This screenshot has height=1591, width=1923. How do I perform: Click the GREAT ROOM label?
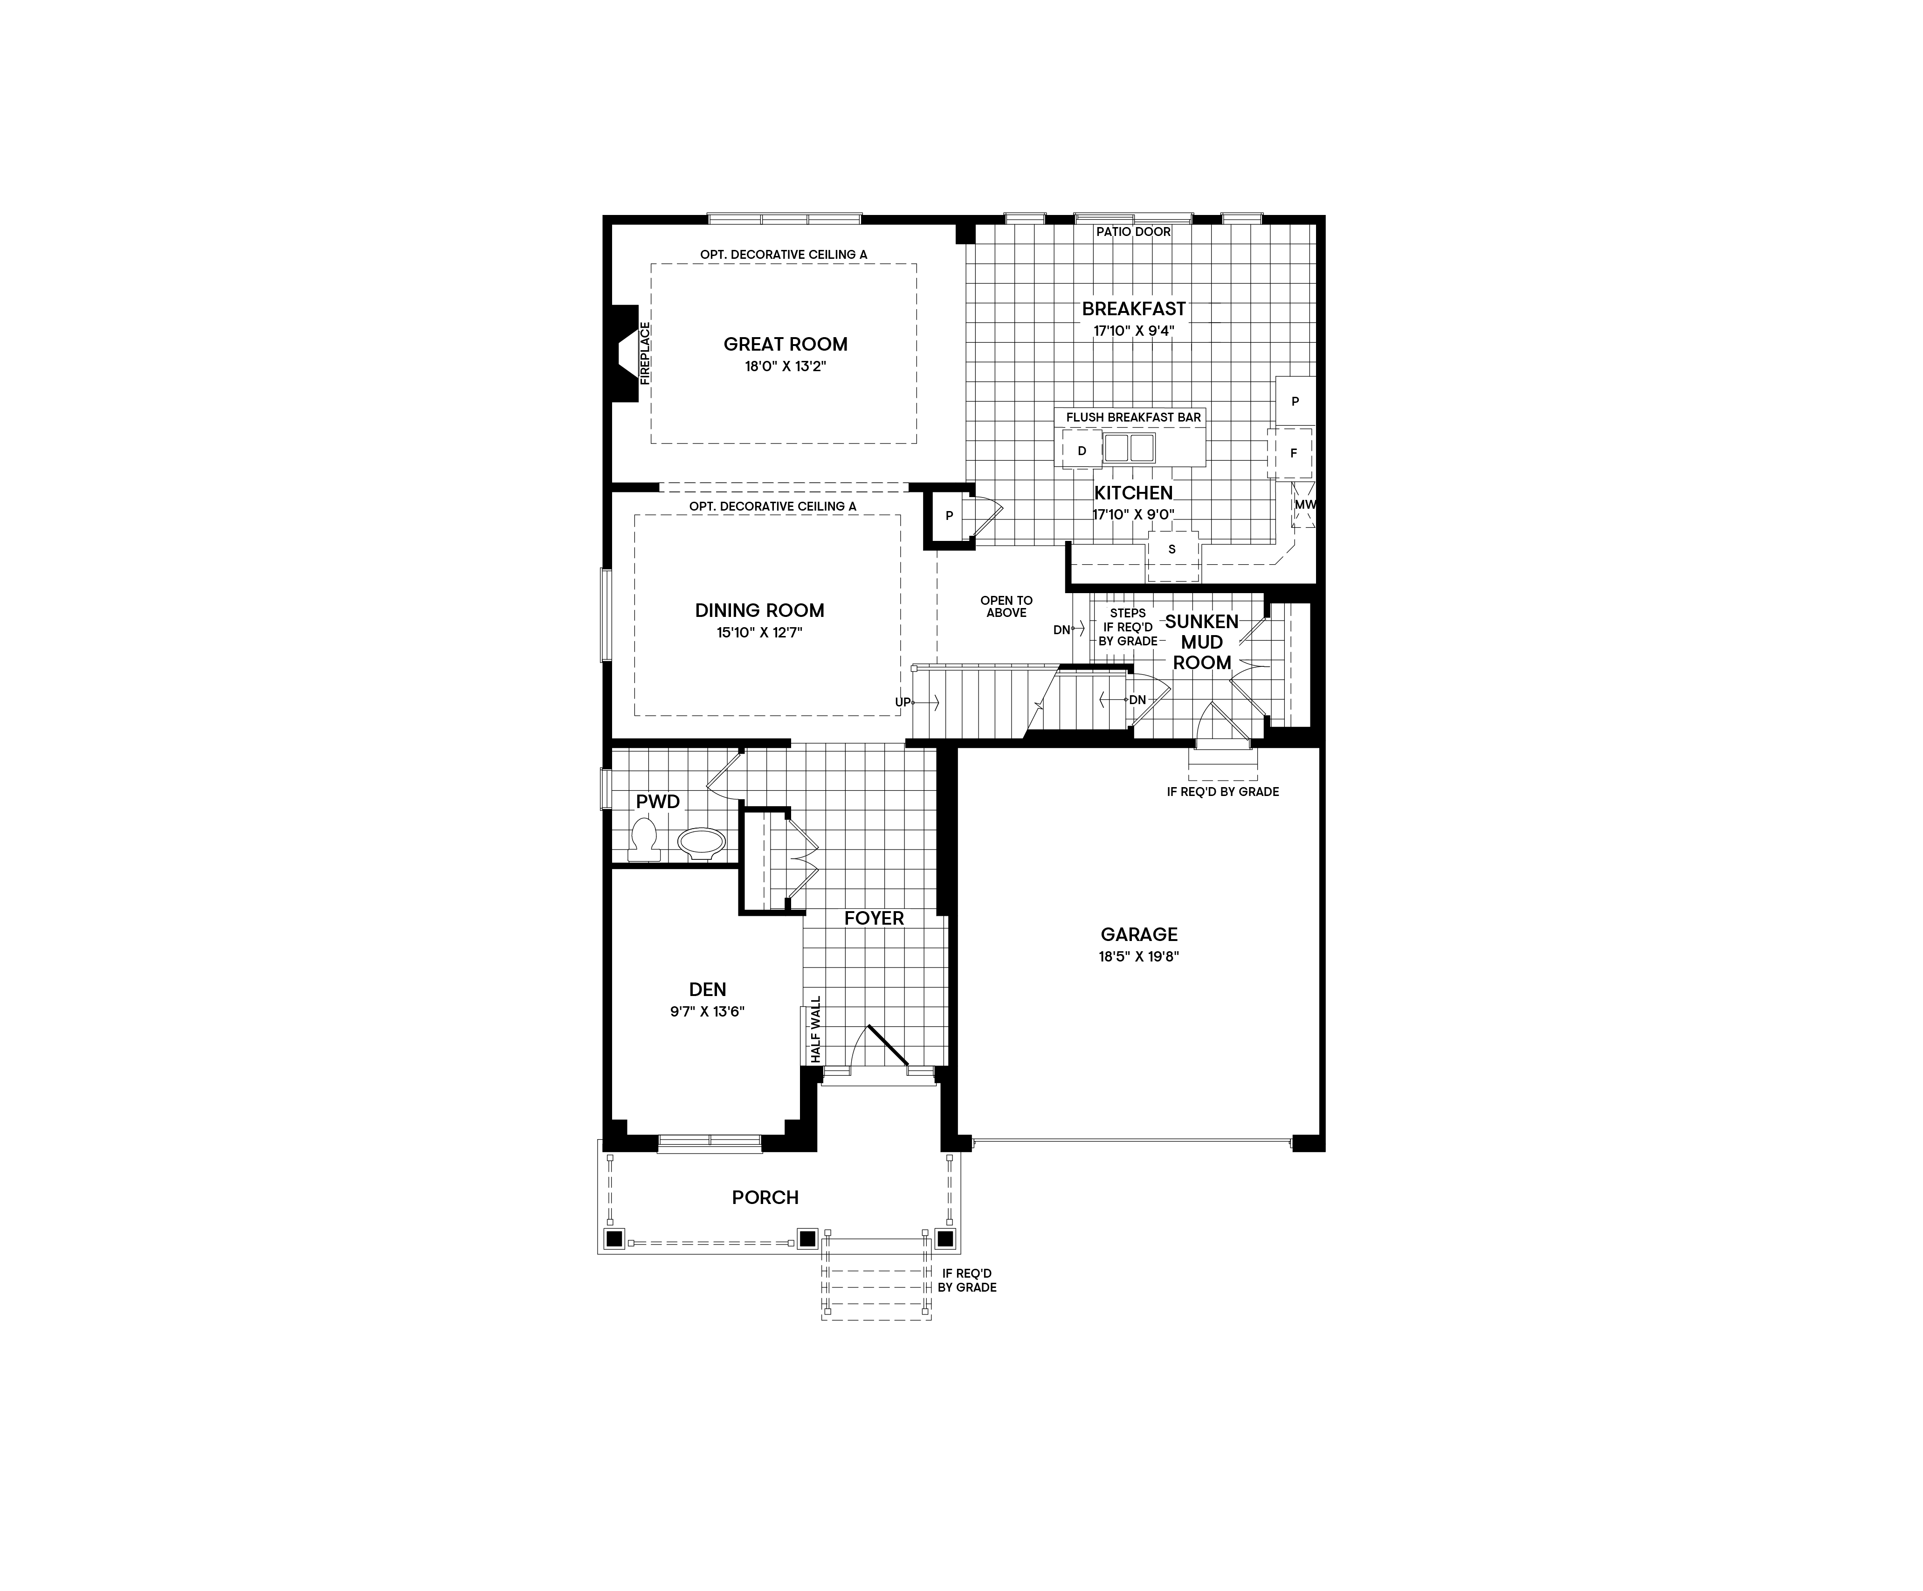785,345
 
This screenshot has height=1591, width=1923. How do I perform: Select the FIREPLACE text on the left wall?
645,353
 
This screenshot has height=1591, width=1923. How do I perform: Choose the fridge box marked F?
1293,453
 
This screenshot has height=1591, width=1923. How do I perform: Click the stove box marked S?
1172,550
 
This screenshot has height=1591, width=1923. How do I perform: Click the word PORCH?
765,1197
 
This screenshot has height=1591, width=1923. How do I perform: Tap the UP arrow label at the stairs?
903,703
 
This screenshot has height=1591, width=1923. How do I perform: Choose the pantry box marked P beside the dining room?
949,516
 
